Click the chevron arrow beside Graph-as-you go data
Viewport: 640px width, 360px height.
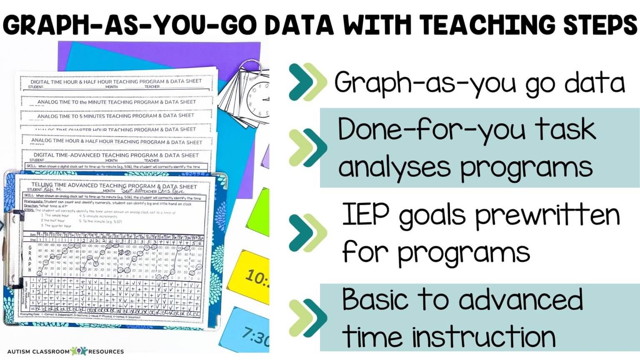pyautogui.click(x=308, y=82)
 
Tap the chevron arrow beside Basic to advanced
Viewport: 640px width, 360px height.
pyautogui.click(x=308, y=317)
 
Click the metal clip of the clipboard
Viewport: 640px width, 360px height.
pyautogui.click(x=15, y=250)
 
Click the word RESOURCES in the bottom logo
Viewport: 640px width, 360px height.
pyautogui.click(x=106, y=352)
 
